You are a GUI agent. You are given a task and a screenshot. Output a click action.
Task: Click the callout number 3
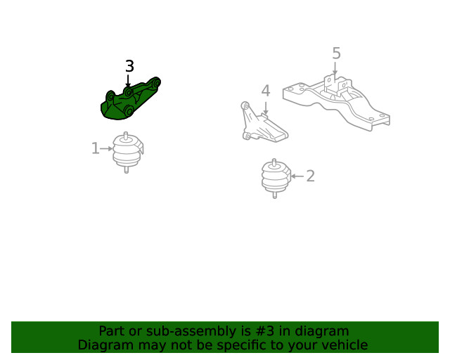[129, 66]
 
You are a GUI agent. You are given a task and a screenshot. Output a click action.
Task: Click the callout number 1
[96, 148]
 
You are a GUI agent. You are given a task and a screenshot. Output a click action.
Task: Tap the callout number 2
[310, 176]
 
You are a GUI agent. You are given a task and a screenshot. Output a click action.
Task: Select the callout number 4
[266, 91]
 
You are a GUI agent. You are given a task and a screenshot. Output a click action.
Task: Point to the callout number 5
[336, 53]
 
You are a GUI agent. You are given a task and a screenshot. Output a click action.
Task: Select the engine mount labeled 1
[128, 153]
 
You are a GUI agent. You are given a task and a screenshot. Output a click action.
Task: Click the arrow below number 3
[128, 81]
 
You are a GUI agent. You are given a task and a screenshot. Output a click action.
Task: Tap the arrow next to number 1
[106, 148]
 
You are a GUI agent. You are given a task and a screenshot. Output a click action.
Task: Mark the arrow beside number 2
[297, 176]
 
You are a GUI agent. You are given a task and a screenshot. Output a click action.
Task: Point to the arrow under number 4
[266, 108]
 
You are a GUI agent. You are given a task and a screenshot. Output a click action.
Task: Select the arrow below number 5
[335, 68]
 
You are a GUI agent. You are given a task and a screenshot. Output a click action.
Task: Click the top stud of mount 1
[126, 136]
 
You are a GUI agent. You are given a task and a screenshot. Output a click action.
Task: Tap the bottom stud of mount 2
[275, 195]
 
